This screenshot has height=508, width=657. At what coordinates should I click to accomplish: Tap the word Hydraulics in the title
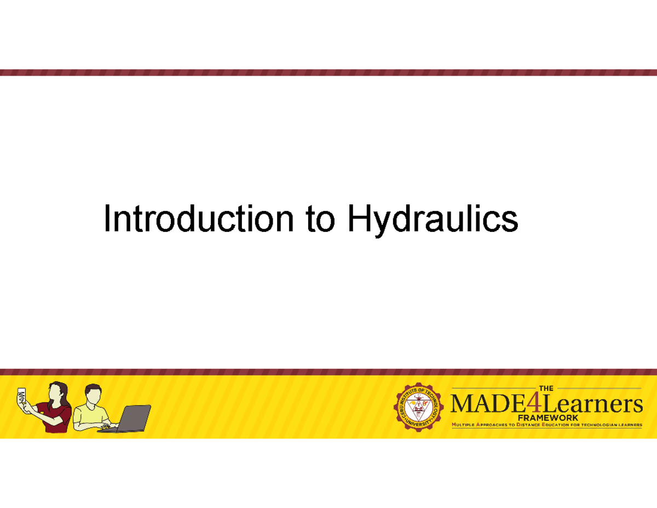click(432, 220)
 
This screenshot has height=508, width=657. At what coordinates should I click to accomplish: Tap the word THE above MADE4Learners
click(546, 389)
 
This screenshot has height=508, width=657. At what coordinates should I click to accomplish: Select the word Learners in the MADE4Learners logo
click(593, 405)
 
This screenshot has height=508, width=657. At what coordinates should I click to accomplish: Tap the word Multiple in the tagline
click(463, 425)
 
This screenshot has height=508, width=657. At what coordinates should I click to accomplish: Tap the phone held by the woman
click(21, 395)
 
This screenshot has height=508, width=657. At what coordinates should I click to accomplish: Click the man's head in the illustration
click(94, 393)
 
